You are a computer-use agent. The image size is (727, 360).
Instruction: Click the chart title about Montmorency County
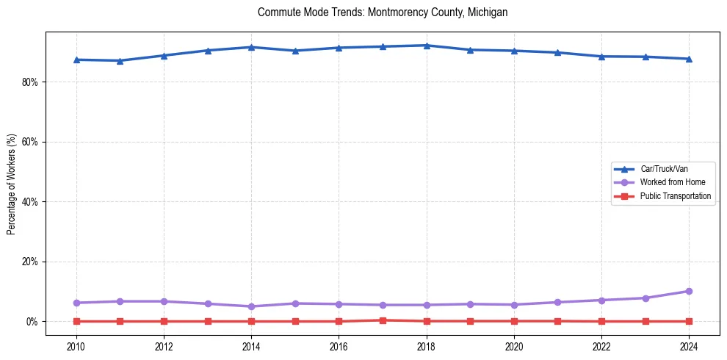pyautogui.click(x=383, y=12)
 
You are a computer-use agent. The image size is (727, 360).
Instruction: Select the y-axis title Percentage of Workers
pyautogui.click(x=11, y=184)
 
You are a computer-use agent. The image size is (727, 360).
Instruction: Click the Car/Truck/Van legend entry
pyautogui.click(x=664, y=169)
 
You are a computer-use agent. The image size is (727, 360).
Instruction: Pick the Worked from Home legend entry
pyautogui.click(x=673, y=182)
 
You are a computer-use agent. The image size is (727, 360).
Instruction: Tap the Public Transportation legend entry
pyautogui.click(x=675, y=196)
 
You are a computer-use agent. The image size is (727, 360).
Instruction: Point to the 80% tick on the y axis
pyautogui.click(x=29, y=82)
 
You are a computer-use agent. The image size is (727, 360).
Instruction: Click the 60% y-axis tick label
pyautogui.click(x=29, y=142)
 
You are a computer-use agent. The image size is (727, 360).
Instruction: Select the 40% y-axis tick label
pyautogui.click(x=29, y=202)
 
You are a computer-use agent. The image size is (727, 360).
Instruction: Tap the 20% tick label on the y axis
pyautogui.click(x=29, y=262)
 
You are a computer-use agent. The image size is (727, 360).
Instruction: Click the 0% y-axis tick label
pyautogui.click(x=32, y=322)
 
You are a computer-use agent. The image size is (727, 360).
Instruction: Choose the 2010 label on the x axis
pyautogui.click(x=76, y=346)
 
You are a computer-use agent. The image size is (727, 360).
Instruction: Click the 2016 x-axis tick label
pyautogui.click(x=339, y=346)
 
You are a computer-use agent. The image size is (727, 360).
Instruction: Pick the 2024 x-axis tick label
pyautogui.click(x=689, y=346)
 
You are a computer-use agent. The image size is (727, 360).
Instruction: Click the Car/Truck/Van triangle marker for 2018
pyautogui.click(x=427, y=46)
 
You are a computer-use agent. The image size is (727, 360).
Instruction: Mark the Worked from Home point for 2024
pyautogui.click(x=689, y=292)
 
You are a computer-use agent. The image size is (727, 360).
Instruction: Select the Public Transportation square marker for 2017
pyautogui.click(x=383, y=320)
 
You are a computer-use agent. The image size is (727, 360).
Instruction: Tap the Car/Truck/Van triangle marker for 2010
pyautogui.click(x=76, y=60)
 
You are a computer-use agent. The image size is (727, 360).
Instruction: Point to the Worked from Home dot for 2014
pyautogui.click(x=251, y=306)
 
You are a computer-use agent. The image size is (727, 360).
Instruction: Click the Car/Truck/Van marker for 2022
pyautogui.click(x=601, y=56)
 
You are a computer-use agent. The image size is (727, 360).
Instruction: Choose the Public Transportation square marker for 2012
pyautogui.click(x=164, y=321)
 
